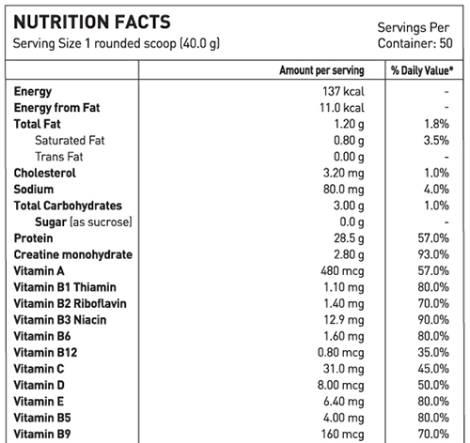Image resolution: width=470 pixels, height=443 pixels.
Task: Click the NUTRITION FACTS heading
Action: coord(92,22)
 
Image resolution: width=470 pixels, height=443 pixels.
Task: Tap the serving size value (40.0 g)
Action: coord(200,43)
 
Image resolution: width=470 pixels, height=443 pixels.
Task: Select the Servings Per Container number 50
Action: coord(446,43)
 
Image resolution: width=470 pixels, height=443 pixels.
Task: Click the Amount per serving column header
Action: coord(321,70)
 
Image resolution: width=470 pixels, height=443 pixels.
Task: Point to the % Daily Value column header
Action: coord(422,70)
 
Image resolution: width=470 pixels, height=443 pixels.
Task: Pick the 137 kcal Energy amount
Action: coord(343,91)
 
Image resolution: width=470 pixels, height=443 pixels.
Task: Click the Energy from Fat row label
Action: coord(56,108)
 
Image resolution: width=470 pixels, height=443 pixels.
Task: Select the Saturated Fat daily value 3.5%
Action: coord(436,140)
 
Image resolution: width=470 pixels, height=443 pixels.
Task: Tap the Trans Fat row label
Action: coord(59,157)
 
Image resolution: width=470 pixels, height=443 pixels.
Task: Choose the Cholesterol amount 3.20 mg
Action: coord(344,173)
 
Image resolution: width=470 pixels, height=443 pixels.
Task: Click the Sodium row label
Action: coord(34,190)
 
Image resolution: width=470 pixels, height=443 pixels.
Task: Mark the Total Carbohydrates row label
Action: coord(68,206)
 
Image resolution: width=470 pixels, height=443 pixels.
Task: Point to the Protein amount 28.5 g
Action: coord(349,238)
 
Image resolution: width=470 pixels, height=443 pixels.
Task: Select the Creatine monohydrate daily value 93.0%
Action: coord(433,254)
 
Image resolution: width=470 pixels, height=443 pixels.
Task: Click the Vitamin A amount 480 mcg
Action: coord(342,271)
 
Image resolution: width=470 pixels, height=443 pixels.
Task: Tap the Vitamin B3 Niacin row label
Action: coord(60,320)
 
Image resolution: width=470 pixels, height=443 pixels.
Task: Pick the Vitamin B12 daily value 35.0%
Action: coord(433,353)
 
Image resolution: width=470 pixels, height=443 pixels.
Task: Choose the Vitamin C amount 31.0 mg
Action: coord(344,369)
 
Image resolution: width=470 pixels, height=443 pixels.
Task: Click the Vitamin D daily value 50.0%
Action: coord(433,385)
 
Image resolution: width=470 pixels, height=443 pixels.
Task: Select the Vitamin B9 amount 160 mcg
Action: coord(343,435)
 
